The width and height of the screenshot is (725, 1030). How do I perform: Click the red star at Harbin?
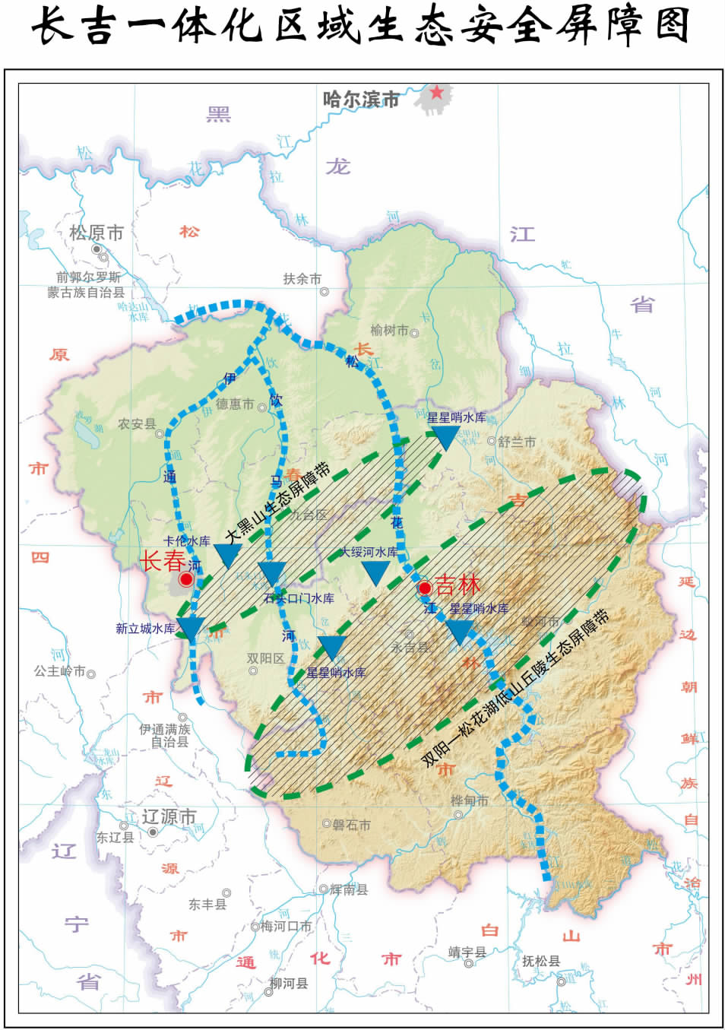[437, 92]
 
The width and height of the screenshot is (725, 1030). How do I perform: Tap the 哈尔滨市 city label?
[361, 100]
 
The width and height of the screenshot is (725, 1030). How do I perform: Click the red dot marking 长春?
[186, 579]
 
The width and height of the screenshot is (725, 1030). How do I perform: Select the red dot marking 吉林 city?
[425, 588]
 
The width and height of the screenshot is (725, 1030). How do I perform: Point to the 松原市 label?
[97, 233]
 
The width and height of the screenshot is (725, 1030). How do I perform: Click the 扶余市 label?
[302, 279]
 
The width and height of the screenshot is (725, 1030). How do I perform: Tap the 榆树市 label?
[389, 330]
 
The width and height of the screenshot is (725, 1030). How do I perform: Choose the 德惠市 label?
[234, 404]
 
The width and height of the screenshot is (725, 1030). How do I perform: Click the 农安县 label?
[136, 424]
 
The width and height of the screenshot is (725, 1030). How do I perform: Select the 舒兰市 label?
[517, 441]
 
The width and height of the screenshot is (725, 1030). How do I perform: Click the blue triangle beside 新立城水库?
[190, 628]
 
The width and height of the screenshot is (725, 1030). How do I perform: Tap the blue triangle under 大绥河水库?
[375, 572]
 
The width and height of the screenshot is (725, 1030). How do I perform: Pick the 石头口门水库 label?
[299, 598]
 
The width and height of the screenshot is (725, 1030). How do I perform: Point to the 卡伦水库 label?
[186, 541]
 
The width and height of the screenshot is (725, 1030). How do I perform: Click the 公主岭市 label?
[59, 671]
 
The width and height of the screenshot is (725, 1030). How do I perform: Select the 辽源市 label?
[169, 817]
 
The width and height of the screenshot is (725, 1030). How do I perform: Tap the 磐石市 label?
[351, 825]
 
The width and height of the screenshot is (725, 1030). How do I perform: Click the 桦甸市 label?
[469, 800]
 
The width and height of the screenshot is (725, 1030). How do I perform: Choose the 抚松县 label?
[540, 961]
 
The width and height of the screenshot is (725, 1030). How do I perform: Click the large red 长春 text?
[162, 561]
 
